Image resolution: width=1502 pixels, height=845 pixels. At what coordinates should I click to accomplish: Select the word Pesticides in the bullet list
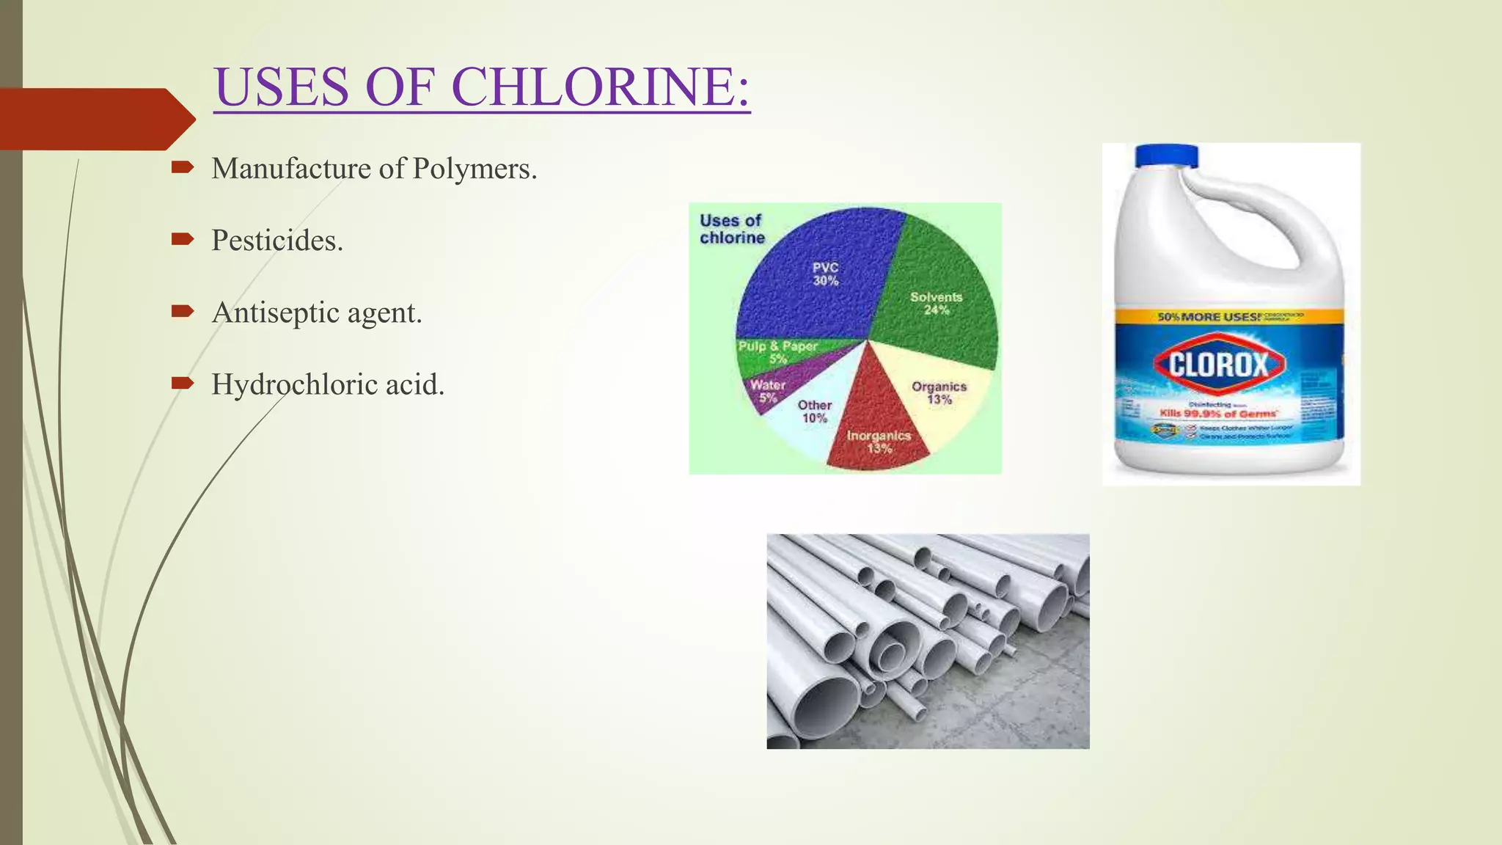[x=276, y=241]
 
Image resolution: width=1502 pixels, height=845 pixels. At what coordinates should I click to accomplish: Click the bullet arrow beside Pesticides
[x=182, y=238]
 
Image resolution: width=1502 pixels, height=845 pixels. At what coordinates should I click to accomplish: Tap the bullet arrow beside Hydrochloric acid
[x=182, y=382]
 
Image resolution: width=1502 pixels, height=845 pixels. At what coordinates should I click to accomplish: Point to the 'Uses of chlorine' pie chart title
[x=731, y=229]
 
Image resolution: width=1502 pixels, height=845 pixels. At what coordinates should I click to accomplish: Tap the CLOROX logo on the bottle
[x=1219, y=364]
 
